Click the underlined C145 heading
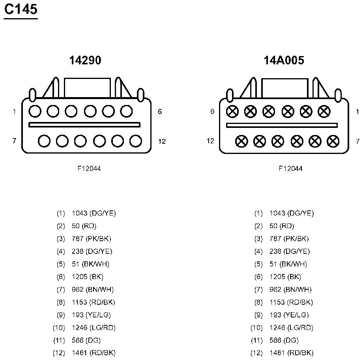coord(21,10)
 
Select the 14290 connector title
coord(85,60)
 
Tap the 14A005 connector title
coord(284,60)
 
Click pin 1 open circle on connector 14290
coord(35,111)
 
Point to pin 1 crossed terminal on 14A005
coord(324,111)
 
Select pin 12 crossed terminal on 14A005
coord(241,141)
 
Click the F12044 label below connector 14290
coord(89,169)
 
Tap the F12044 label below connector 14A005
coord(290,169)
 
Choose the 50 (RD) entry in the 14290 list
coord(84,226)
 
